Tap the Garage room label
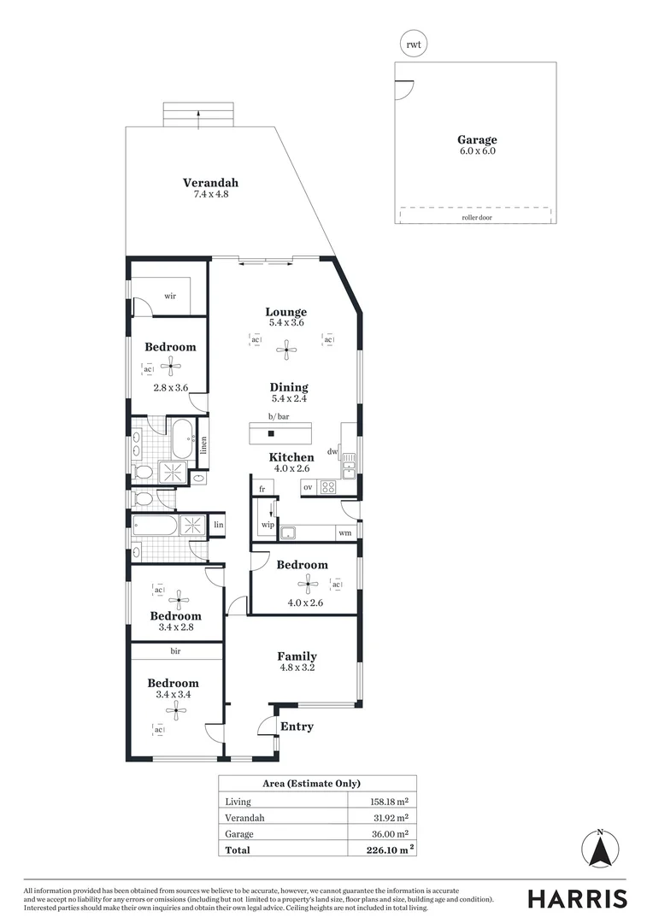pos(476,140)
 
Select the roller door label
pos(476,217)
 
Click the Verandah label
pos(210,183)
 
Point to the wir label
pos(169,296)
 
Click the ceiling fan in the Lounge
pos(287,348)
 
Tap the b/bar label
pos(279,416)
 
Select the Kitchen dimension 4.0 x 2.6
pos(291,469)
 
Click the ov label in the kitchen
pos(308,487)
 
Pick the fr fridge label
pos(263,490)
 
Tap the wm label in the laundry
pos(344,533)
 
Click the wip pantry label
pos(268,525)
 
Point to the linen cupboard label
pos(204,444)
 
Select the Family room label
pos(297,656)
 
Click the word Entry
pos(297,726)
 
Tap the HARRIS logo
pos(577,898)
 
